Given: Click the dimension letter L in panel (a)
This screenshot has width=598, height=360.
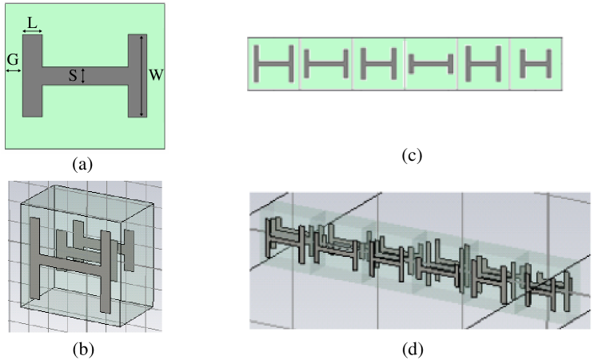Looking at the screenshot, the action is [x=33, y=23].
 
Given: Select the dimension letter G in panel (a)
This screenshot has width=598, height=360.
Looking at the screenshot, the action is [x=13, y=59].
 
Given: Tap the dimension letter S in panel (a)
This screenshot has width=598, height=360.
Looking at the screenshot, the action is [x=73, y=76].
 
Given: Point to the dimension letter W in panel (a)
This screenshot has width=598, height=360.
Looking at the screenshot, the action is [x=156, y=75].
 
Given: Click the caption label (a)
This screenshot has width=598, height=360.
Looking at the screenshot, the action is [x=82, y=164].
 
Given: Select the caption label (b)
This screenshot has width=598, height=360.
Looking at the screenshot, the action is [x=83, y=349].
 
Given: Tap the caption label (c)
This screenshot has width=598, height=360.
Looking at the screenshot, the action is [x=412, y=155].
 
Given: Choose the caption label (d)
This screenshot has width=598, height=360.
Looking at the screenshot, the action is [x=413, y=349].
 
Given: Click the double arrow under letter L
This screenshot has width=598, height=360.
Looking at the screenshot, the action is [x=33, y=31].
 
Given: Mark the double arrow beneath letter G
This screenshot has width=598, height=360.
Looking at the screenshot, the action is [x=14, y=70].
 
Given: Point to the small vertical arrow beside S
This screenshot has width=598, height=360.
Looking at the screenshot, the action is [x=83, y=75].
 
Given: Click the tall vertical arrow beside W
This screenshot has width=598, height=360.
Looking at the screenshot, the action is [x=142, y=75].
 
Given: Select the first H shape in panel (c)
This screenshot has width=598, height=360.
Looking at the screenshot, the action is [x=274, y=63].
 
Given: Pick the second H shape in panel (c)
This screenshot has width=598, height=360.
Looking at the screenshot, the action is [x=326, y=64].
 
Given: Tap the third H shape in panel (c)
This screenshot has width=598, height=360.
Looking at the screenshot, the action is [x=378, y=63].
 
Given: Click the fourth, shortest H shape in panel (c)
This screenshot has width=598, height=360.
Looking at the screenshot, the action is [x=431, y=63].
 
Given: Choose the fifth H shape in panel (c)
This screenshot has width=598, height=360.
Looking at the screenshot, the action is [x=483, y=63].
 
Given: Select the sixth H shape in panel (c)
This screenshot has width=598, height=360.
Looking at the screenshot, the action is [x=536, y=63].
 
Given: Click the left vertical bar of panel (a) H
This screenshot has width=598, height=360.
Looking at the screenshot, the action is [x=33, y=75].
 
